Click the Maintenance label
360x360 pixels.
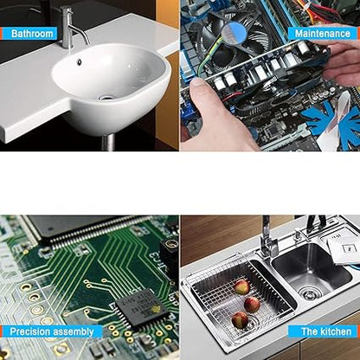(x=323, y=34)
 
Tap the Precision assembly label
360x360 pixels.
(x=51, y=331)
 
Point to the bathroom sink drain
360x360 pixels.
(x=106, y=97)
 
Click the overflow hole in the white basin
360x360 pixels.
(x=79, y=62)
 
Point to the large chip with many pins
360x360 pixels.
(x=65, y=232)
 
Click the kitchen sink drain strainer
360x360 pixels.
(x=310, y=294)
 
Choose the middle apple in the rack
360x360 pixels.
(x=252, y=304)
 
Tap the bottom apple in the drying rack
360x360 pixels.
(x=241, y=320)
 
